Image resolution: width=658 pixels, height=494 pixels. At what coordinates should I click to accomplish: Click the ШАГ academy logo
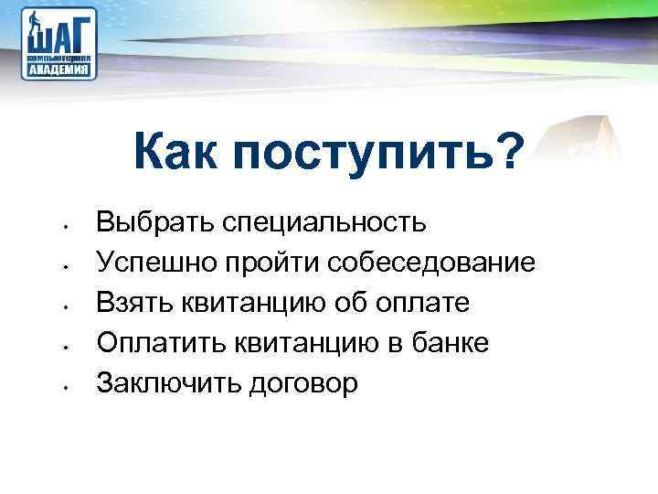pyautogui.click(x=60, y=43)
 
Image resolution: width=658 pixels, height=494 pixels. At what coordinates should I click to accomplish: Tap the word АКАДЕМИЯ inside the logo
pyautogui.click(x=60, y=69)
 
